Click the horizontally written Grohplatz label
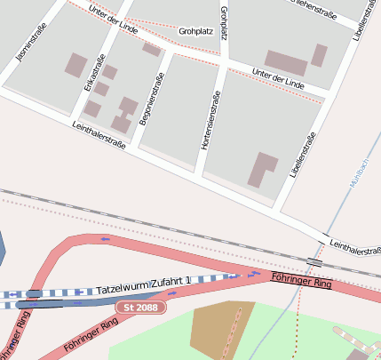coord(195,31)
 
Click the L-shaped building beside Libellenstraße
coord(260,170)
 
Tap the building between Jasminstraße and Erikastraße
coord(76,64)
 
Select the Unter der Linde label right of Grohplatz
coord(277,77)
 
